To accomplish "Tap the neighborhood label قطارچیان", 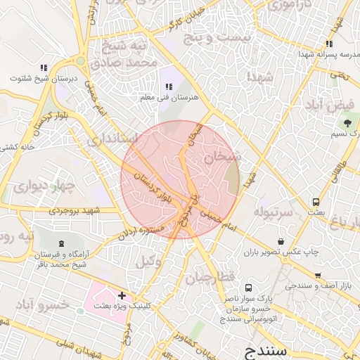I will (x=209, y=278).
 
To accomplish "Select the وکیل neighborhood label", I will (x=146, y=262).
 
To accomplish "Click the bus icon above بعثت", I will (x=316, y=202).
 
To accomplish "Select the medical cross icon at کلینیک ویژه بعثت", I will (x=122, y=296).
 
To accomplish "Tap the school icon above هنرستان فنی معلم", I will (x=168, y=86).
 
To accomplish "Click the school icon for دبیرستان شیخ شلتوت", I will (x=43, y=68).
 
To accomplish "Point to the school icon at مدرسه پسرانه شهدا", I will (x=329, y=44).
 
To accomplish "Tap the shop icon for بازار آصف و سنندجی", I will (x=318, y=275).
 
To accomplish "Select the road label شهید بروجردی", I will (x=73, y=210).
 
